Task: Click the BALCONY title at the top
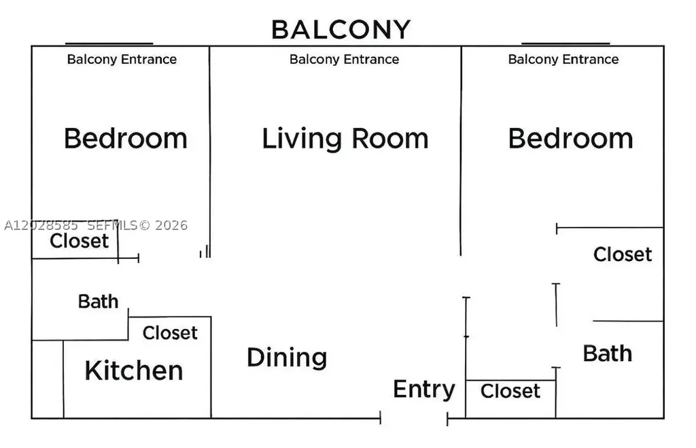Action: pos(341,30)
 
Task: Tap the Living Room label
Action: pos(345,139)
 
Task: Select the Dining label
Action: pos(287,358)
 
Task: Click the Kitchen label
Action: pos(134,371)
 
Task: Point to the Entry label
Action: pos(424,390)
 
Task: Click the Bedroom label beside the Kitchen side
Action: pos(126,138)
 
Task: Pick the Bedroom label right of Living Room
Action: pos(570,138)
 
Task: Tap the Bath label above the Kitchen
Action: pos(98,301)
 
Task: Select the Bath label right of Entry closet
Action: pos(607,354)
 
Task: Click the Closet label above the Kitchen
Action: pos(170,332)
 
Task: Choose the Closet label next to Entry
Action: pos(510,391)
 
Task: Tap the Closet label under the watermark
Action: pos(79,241)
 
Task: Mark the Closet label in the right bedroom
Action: pos(623,254)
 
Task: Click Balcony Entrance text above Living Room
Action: pos(344,59)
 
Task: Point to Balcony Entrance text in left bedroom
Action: pos(122,59)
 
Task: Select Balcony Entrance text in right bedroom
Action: pos(563,59)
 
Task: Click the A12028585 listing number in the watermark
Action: pos(41,226)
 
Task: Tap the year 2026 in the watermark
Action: pos(171,226)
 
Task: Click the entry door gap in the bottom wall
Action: pos(414,418)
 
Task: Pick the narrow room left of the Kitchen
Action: pos(48,379)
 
